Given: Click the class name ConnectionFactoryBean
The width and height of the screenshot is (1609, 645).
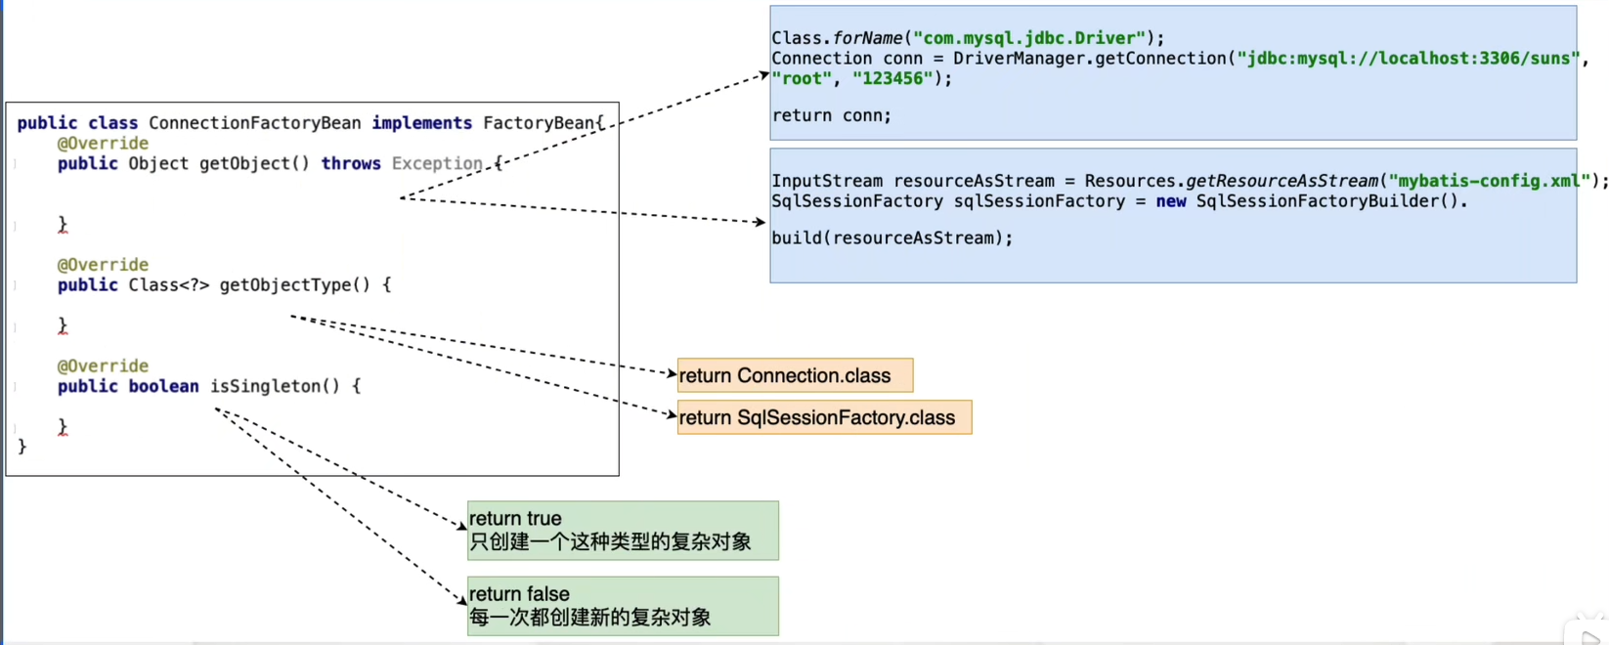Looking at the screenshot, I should [x=254, y=123].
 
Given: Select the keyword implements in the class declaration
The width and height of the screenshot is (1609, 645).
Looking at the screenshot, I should [x=421, y=123].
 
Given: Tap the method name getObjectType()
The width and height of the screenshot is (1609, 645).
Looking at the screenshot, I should [x=294, y=285].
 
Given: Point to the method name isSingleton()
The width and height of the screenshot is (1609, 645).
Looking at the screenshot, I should [x=275, y=386].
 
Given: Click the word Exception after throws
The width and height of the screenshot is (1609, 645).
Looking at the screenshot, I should [x=437, y=164].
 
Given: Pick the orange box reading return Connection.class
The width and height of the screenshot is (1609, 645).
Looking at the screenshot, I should [x=795, y=376].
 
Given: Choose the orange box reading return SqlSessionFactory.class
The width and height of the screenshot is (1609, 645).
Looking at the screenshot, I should [x=824, y=418].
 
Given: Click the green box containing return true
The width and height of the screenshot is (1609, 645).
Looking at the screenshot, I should [x=623, y=531].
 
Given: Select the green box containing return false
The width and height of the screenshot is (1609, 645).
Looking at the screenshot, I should [x=623, y=606].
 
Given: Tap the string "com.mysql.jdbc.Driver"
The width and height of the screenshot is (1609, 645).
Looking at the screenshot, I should [x=1028, y=38].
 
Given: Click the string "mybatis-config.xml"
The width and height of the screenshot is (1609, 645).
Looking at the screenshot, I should [x=1489, y=181].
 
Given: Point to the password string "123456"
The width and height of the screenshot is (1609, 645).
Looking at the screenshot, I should [x=892, y=78].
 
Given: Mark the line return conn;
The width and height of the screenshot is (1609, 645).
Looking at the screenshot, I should [x=831, y=115].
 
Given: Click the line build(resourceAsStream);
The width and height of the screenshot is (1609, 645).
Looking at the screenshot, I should [x=891, y=237].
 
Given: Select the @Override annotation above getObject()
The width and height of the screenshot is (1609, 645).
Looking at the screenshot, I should [x=103, y=144].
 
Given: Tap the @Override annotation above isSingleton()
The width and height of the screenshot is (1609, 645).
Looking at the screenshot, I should [x=103, y=366].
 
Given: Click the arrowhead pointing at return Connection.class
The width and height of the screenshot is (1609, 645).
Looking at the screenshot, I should [x=672, y=373].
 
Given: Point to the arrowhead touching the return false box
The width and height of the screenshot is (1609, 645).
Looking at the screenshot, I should [x=461, y=599].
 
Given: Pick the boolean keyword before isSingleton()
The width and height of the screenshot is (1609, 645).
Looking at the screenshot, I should [x=163, y=386].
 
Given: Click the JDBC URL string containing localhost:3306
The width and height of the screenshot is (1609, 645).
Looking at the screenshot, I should [x=1408, y=59].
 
